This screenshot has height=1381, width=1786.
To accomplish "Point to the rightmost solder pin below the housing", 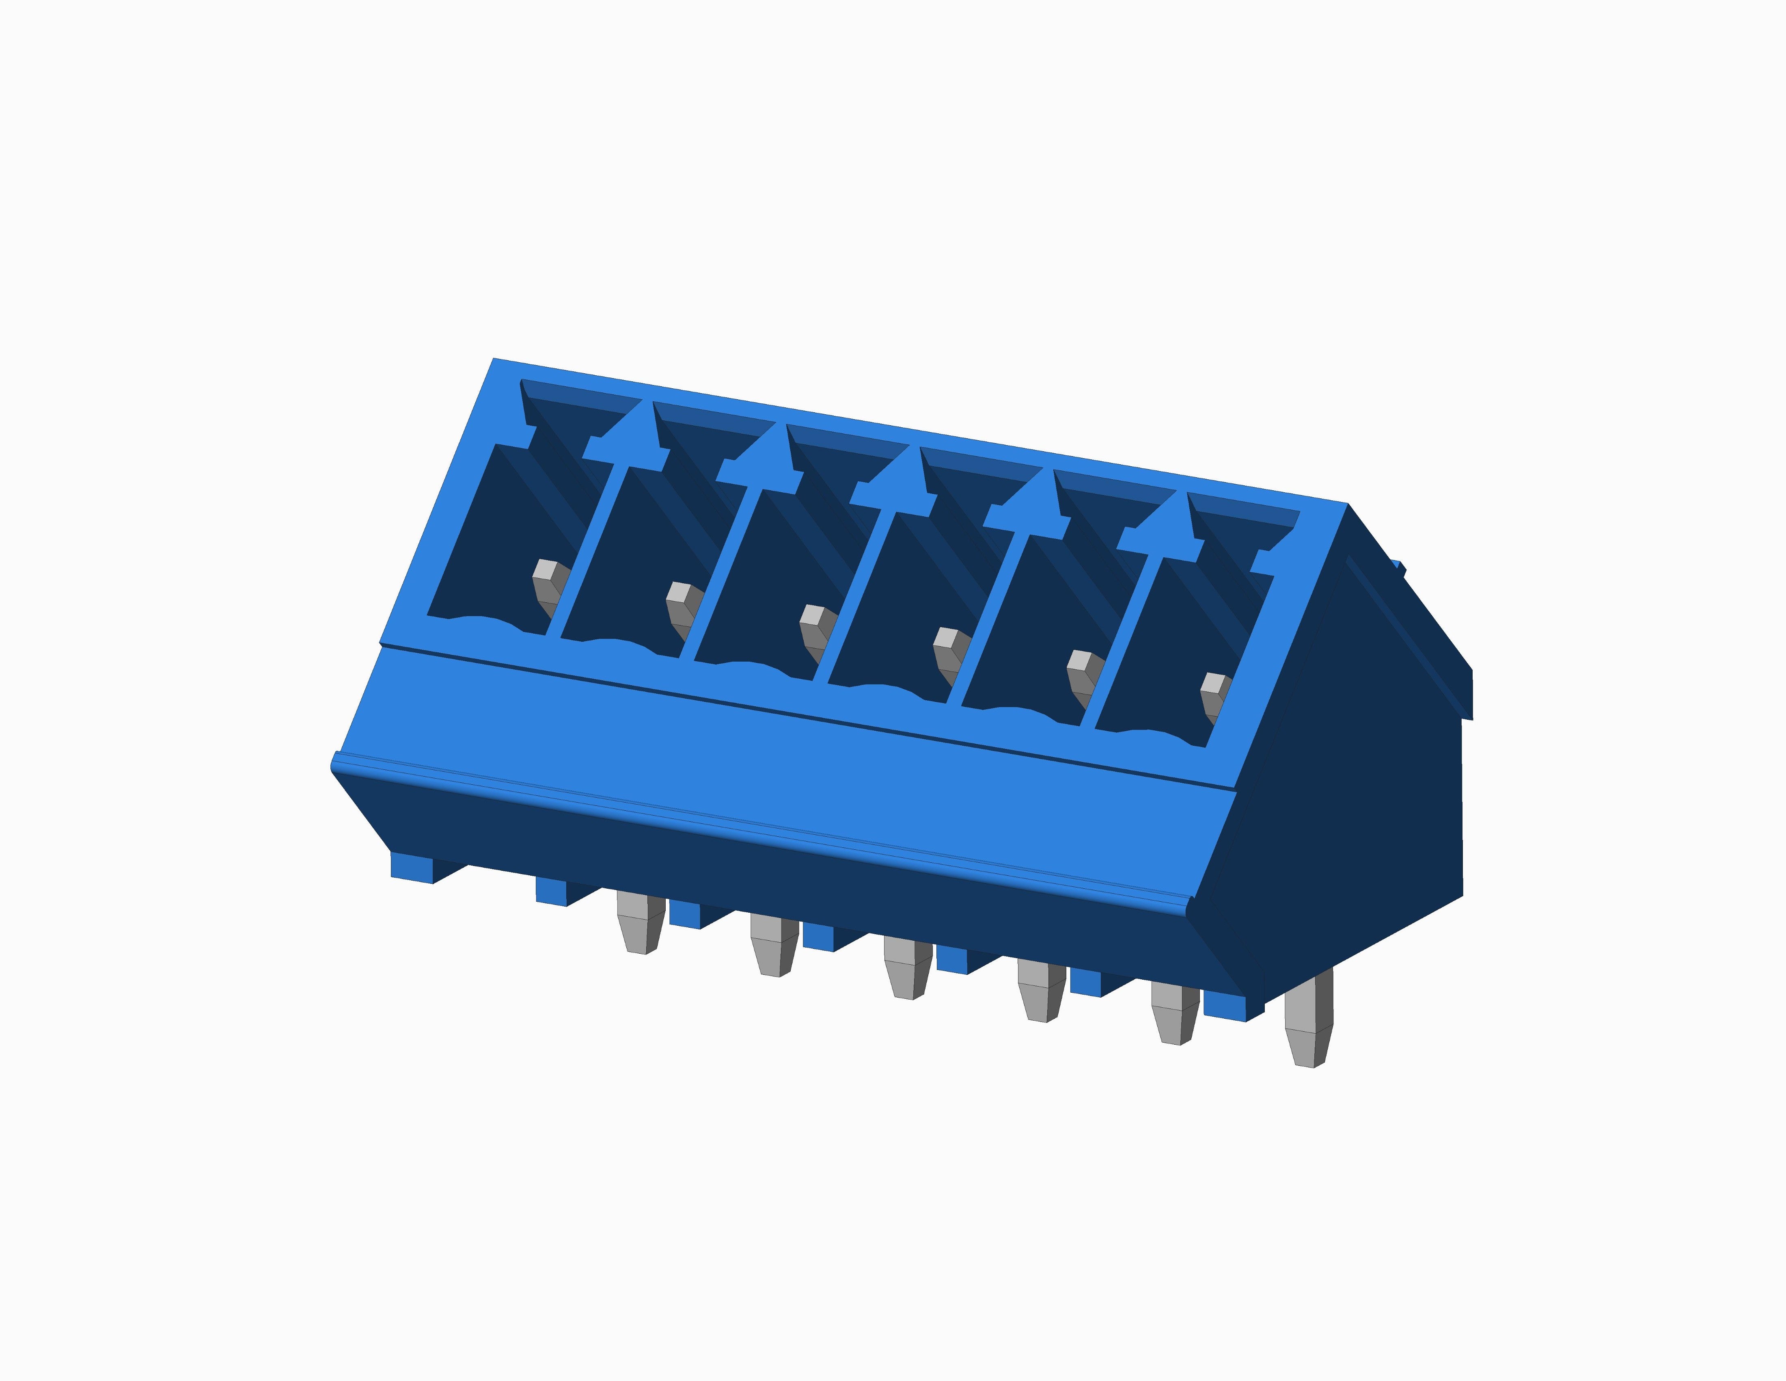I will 1308,1023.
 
